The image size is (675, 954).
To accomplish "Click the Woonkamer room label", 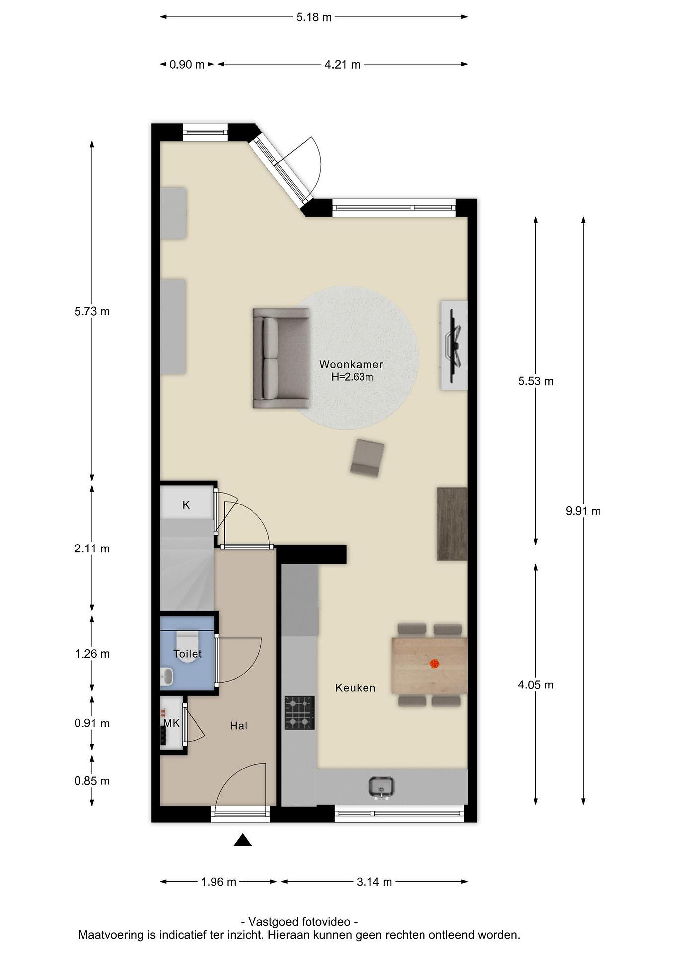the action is pyautogui.click(x=351, y=364).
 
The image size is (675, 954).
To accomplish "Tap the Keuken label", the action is pyautogui.click(x=355, y=688).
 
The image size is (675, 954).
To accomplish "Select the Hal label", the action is pyautogui.click(x=239, y=726).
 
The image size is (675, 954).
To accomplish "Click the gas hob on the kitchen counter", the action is pyautogui.click(x=300, y=713).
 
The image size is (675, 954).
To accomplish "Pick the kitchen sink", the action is pyautogui.click(x=381, y=787).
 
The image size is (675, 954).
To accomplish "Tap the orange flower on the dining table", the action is pyautogui.click(x=434, y=664).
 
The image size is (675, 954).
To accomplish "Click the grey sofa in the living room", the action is pyautogui.click(x=281, y=358).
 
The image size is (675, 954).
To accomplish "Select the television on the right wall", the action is pyautogui.click(x=454, y=345).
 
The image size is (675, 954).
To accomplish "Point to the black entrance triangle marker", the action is pyautogui.click(x=242, y=841).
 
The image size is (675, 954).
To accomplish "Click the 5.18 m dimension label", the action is pyautogui.click(x=314, y=17).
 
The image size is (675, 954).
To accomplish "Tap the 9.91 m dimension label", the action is pyautogui.click(x=583, y=511).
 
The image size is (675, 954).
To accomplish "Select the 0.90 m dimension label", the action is pyautogui.click(x=187, y=64).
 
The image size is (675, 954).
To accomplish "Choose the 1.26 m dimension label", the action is pyautogui.click(x=92, y=654).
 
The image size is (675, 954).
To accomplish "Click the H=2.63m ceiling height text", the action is pyautogui.click(x=352, y=377).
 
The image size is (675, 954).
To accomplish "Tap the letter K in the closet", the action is pyautogui.click(x=186, y=505).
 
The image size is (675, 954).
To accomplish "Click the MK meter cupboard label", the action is pyautogui.click(x=171, y=723).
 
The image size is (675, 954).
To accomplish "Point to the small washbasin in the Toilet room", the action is pyautogui.click(x=167, y=676).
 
